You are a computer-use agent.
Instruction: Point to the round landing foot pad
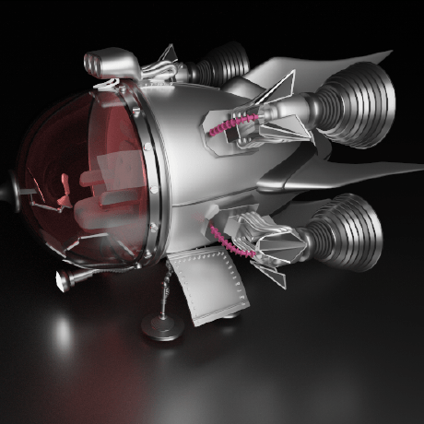click(x=160, y=324)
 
